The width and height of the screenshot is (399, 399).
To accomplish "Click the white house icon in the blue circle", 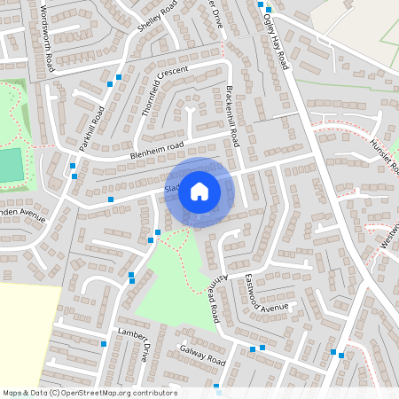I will click(199, 191).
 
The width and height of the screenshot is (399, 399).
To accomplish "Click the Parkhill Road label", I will click(91, 129).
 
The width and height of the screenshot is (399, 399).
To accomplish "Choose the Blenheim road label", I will click(156, 151).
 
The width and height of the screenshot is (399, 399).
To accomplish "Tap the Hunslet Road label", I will click(384, 156).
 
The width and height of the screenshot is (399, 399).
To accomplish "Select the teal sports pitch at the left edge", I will click(10, 164).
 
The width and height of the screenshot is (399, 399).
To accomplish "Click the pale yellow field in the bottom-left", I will click(27, 332).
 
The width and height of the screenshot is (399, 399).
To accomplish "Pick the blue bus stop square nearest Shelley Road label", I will click(119, 77).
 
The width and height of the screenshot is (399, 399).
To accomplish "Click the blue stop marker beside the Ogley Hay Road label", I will click(268, 9).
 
